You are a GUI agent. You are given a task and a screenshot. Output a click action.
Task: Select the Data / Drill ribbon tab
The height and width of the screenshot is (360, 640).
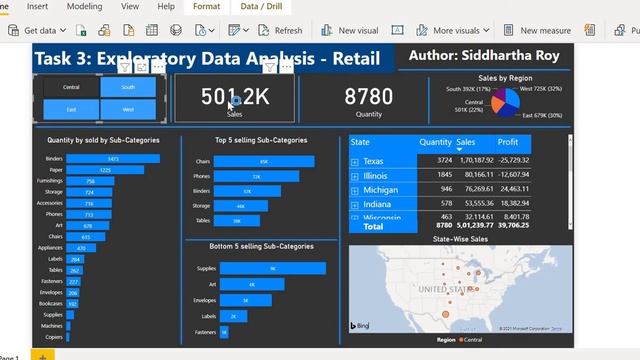click(262, 6)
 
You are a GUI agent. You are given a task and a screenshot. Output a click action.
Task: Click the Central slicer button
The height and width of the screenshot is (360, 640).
click(71, 87)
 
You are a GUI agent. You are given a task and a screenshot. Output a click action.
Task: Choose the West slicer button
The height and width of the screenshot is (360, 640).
click(128, 108)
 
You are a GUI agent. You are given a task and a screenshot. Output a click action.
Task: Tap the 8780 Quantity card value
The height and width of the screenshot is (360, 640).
click(369, 96)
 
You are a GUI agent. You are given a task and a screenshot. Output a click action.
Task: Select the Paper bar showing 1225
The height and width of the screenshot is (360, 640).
click(104, 170)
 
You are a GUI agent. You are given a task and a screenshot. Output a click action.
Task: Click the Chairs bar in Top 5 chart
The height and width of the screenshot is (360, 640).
click(264, 161)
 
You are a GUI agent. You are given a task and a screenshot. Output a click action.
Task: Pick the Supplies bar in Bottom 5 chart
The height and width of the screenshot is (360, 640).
click(271, 269)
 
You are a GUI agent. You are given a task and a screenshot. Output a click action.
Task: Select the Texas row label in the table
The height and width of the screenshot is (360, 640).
click(373, 161)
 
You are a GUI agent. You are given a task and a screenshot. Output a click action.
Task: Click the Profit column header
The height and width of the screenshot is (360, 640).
click(508, 143)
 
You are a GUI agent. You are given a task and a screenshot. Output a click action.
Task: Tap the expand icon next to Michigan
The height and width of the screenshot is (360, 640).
click(354, 189)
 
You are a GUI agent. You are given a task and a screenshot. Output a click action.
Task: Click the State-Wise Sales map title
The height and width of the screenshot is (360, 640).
click(461, 240)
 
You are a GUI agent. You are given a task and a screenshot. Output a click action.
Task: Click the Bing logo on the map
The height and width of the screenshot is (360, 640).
click(361, 326)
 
